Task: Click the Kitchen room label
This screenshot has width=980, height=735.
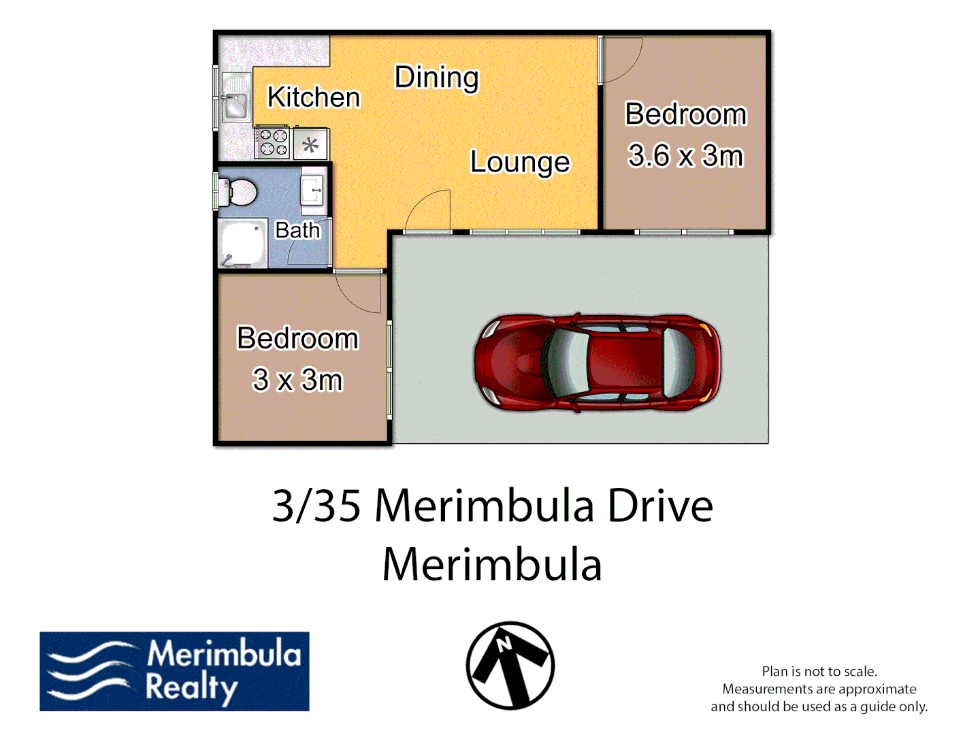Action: coord(313,97)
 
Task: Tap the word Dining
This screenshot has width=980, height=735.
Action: coord(436,78)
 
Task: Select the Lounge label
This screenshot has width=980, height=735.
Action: coord(520,162)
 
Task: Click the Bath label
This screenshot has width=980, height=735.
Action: coord(297,230)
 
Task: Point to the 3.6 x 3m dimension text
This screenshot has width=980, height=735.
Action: coord(685,156)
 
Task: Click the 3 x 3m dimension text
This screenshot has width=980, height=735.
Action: coord(297,380)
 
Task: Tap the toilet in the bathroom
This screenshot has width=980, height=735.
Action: coord(238,192)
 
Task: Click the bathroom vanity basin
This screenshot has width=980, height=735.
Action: coord(313,191)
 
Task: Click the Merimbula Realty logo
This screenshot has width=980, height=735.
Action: coord(174,671)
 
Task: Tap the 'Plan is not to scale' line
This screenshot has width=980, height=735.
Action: coord(819,671)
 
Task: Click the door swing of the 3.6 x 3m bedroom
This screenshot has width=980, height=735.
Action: coord(621,60)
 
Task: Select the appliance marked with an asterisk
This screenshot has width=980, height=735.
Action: coord(311,144)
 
